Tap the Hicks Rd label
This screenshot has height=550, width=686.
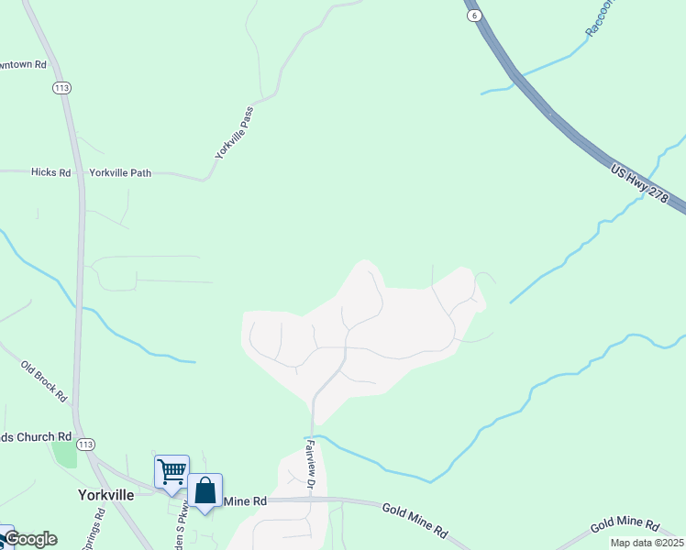pyautogui.click(x=50, y=172)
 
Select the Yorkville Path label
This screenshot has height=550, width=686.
pyautogui.click(x=120, y=172)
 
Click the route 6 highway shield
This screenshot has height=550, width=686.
pyautogui.click(x=473, y=16)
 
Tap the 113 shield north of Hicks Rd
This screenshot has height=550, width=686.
pyautogui.click(x=62, y=88)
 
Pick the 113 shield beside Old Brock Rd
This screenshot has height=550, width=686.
pyautogui.click(x=86, y=445)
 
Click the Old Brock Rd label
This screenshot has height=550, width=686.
pyautogui.click(x=45, y=380)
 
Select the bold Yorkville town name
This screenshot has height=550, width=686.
pyautogui.click(x=102, y=495)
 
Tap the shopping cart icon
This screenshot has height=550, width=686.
pyautogui.click(x=171, y=471)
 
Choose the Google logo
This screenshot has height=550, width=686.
pyautogui.click(x=29, y=539)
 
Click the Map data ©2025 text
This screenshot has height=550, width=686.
pyautogui.click(x=647, y=543)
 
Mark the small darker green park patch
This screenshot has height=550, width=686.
pyautogui.click(x=63, y=453)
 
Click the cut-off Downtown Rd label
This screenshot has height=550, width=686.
pyautogui.click(x=22, y=64)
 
